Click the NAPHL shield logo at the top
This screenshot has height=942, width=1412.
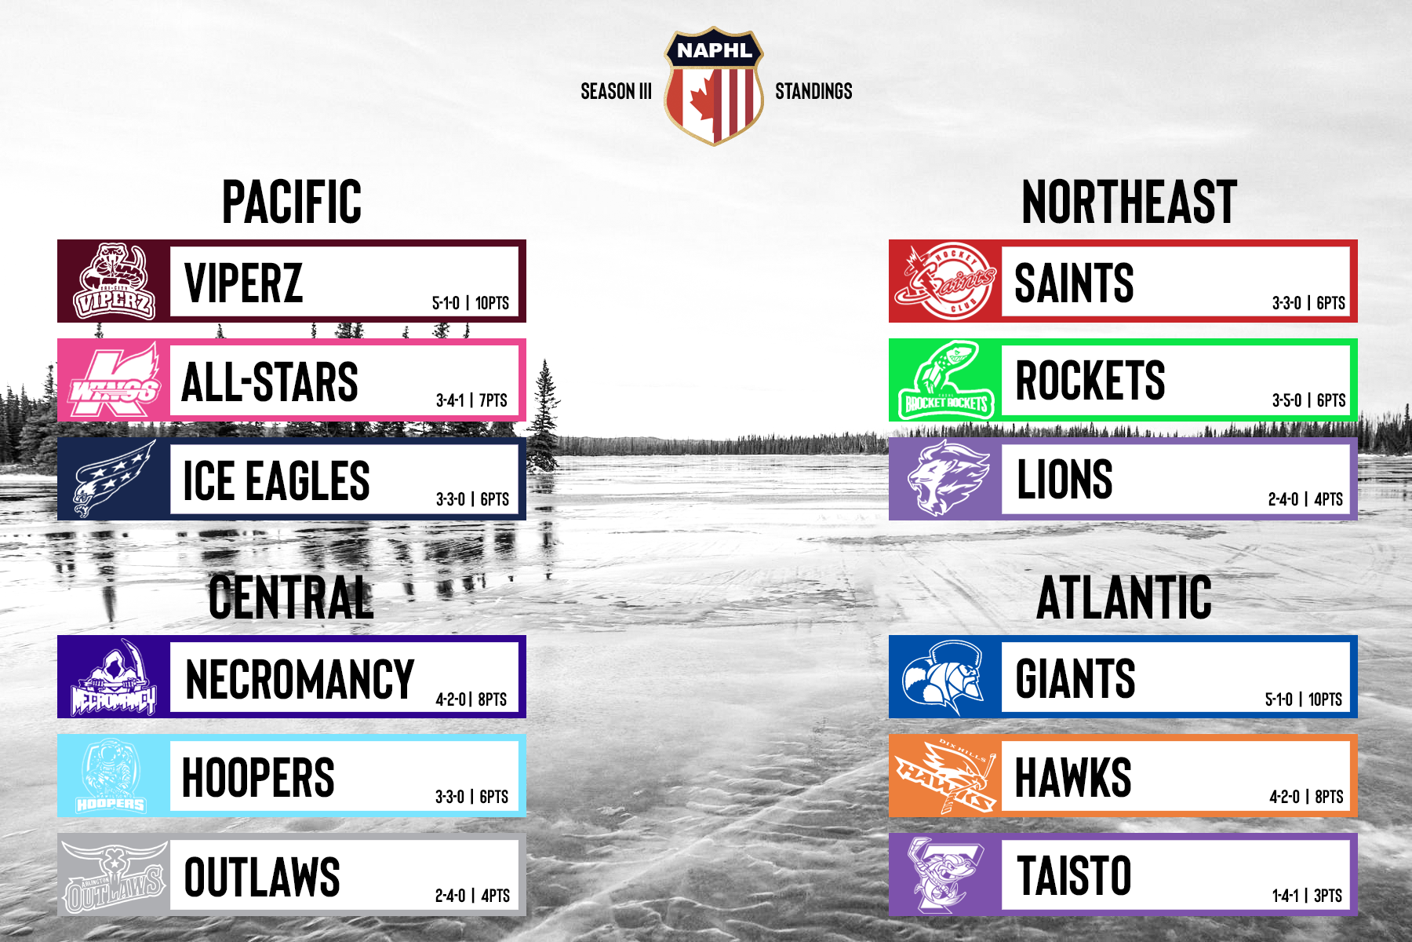tap(714, 87)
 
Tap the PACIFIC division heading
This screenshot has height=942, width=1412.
tap(292, 202)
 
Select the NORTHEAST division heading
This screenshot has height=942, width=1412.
tap(1129, 202)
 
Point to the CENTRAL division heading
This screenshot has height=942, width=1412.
tap(291, 597)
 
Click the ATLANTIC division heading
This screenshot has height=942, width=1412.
tap(1124, 597)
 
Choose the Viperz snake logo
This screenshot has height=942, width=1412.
tap(115, 281)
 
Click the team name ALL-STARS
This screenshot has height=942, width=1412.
tap(270, 382)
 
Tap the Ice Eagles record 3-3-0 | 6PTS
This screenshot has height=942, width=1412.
tap(472, 498)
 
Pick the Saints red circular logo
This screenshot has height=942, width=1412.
tap(946, 281)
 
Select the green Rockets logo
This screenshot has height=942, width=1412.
tap(946, 380)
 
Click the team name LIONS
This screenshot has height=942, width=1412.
tap(1064, 479)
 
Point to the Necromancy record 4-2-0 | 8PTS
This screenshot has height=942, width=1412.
tap(471, 699)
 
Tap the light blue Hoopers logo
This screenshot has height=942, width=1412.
tap(111, 776)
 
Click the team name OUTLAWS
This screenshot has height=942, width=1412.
tap(262, 876)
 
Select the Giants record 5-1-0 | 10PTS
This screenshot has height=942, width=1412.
tap(1304, 699)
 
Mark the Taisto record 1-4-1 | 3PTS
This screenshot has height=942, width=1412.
tap(1307, 895)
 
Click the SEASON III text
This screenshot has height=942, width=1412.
tap(616, 91)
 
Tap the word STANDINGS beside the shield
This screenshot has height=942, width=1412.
tap(813, 91)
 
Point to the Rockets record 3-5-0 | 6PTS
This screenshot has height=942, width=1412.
tap(1308, 400)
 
